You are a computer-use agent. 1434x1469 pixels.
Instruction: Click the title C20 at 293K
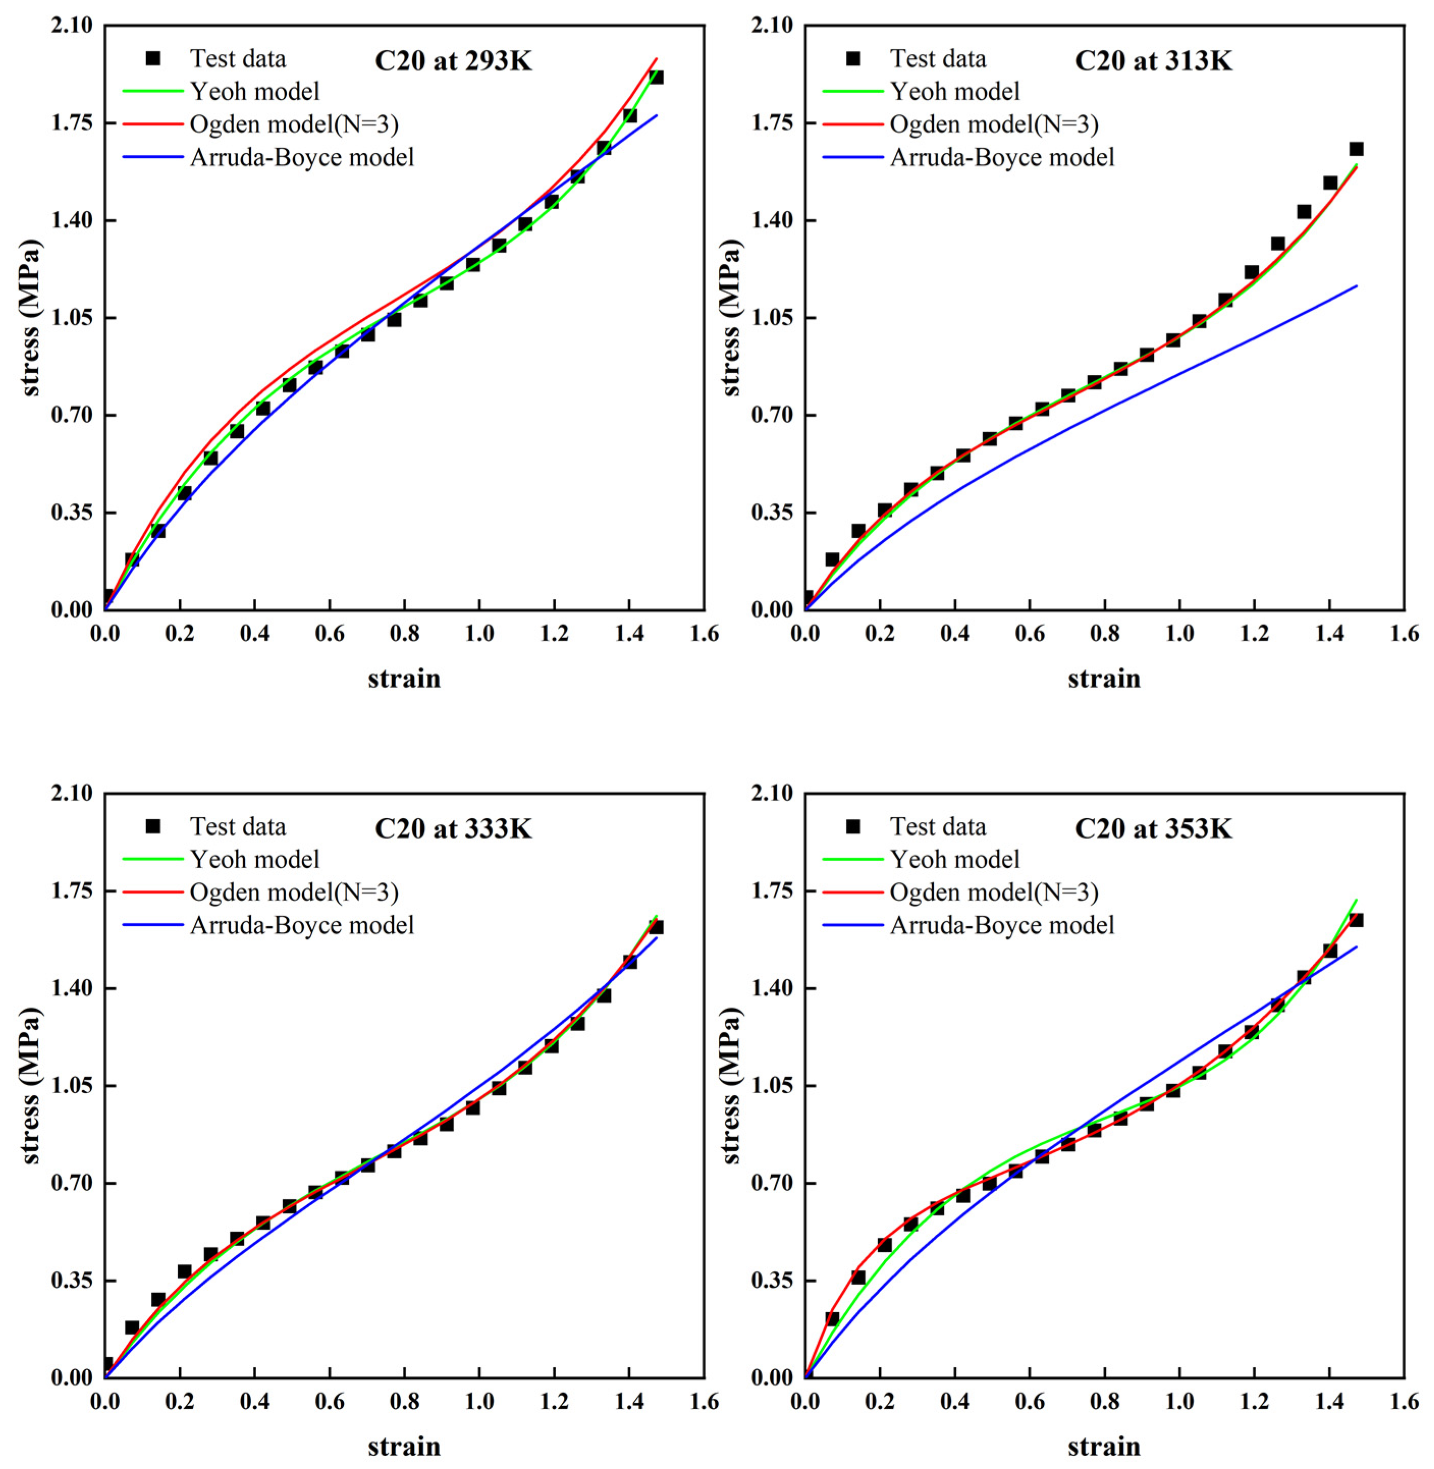(x=453, y=60)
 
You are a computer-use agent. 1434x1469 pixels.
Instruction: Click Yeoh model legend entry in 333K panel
(x=255, y=859)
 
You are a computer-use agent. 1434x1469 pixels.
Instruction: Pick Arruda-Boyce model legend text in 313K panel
(x=1002, y=157)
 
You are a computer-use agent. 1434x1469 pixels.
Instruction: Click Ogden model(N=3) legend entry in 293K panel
(x=294, y=124)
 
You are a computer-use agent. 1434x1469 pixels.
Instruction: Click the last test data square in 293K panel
(x=656, y=77)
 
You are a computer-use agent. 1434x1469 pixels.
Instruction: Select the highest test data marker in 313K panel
(x=1356, y=149)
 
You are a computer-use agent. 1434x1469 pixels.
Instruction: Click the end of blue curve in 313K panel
(x=1357, y=285)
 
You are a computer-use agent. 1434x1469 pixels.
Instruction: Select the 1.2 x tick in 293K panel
(x=554, y=633)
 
